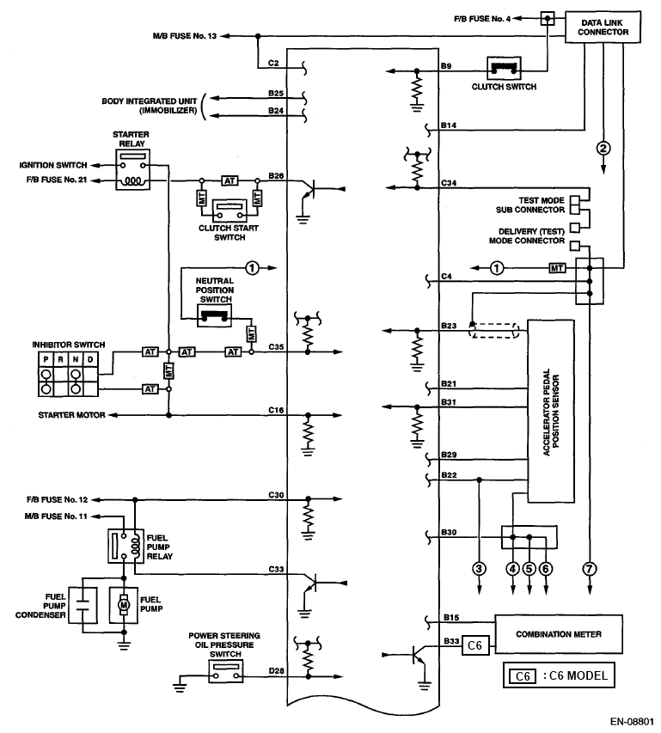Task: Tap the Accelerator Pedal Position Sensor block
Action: click(551, 411)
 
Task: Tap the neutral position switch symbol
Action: click(214, 315)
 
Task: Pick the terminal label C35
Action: click(277, 346)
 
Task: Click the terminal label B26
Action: click(276, 175)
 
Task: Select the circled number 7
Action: click(590, 567)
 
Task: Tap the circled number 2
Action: click(603, 148)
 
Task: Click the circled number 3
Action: click(479, 567)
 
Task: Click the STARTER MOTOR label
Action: click(73, 414)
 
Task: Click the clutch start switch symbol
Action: click(229, 206)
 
